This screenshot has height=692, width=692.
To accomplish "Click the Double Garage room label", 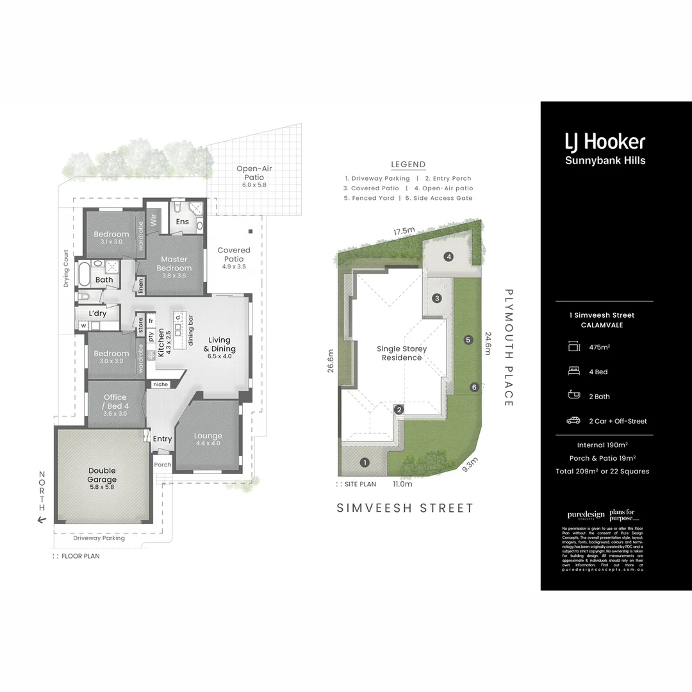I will click(103, 475).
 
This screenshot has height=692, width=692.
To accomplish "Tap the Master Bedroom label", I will click(174, 263).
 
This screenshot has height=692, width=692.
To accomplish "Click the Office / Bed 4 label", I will click(115, 401).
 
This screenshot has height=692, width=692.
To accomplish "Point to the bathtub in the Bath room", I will click(84, 274).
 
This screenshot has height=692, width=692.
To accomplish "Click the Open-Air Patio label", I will click(250, 172).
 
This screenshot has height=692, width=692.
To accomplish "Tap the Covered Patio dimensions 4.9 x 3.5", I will click(234, 266).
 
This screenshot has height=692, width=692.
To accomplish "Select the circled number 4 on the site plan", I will click(449, 257).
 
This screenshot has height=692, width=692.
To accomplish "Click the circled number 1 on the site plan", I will click(365, 462).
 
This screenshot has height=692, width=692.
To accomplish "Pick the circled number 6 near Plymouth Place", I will click(474, 387).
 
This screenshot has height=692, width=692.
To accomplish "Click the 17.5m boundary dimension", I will click(404, 231).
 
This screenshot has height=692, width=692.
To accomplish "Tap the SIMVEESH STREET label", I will click(405, 508).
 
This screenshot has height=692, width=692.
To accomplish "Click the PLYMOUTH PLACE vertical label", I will click(509, 347).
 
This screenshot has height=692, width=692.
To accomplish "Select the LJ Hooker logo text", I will click(604, 141).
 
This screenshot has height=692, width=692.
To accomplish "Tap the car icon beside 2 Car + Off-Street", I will click(573, 421).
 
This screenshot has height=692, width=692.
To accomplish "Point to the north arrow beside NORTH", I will click(42, 520).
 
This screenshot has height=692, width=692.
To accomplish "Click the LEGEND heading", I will click(408, 165).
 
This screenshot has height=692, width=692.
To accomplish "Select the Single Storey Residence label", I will click(402, 353).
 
